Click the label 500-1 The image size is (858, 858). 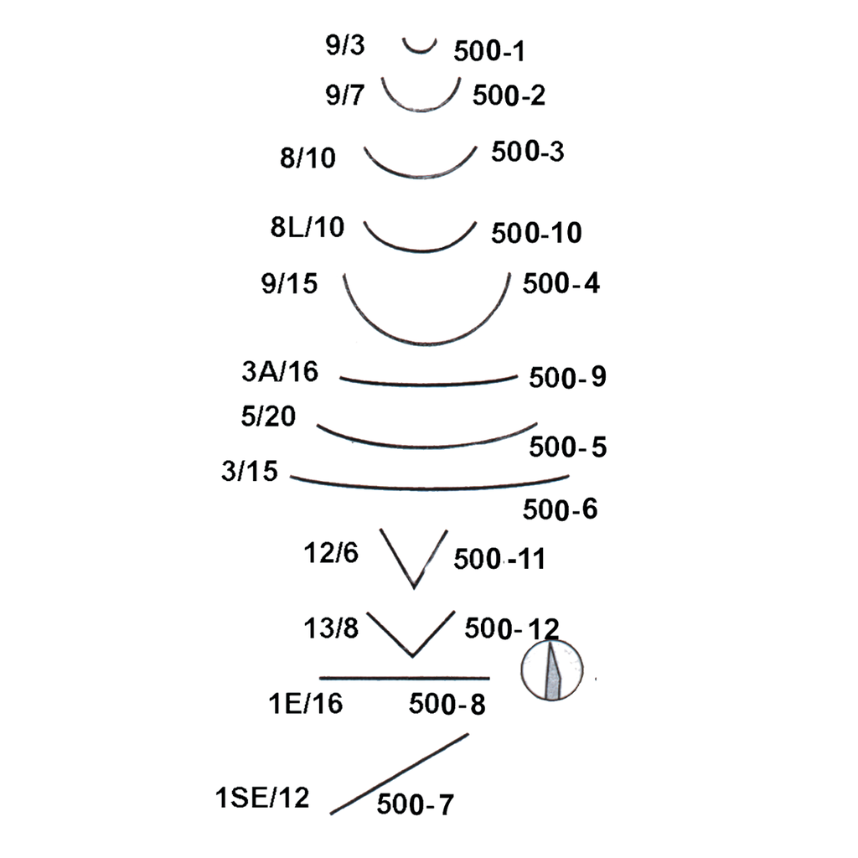pyautogui.click(x=489, y=51)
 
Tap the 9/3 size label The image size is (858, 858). pyautogui.click(x=344, y=45)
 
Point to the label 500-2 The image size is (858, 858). pyautogui.click(x=509, y=96)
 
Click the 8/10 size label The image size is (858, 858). pyautogui.click(x=308, y=158)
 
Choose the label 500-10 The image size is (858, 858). pyautogui.click(x=536, y=233)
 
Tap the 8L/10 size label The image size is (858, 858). pyautogui.click(x=307, y=227)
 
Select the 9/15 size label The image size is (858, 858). pyautogui.click(x=289, y=283)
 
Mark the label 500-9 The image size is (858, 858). pyautogui.click(x=567, y=377)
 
